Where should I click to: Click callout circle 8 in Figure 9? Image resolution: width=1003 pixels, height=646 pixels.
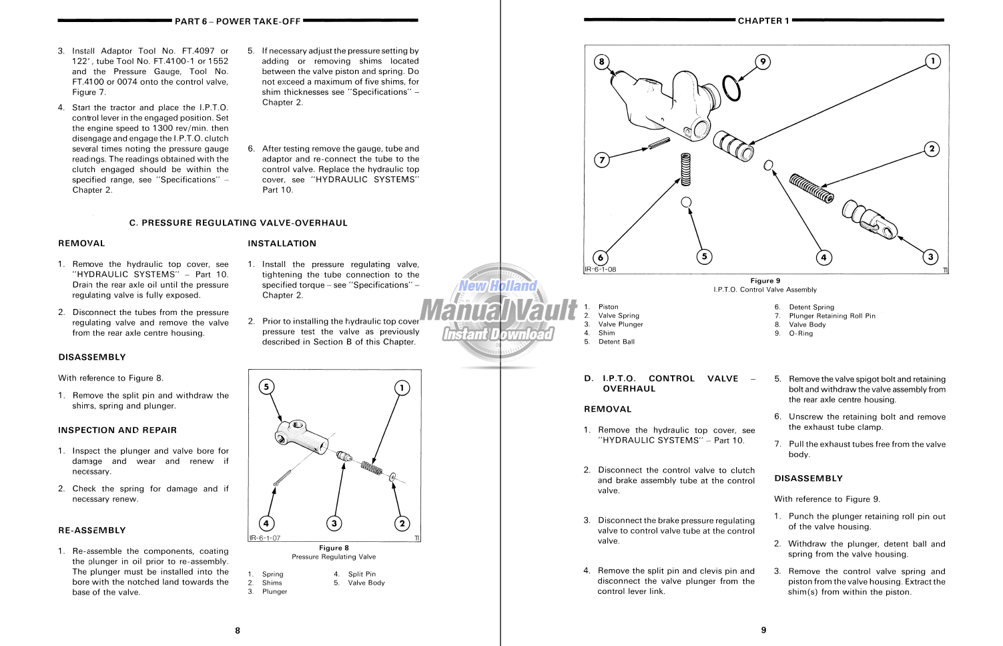pyautogui.click(x=602, y=62)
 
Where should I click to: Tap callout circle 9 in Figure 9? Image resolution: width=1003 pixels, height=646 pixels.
pyautogui.click(x=763, y=62)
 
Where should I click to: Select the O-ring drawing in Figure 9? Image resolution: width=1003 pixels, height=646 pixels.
pyautogui.click(x=732, y=88)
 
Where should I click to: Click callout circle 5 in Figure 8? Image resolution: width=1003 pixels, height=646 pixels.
pyautogui.click(x=266, y=387)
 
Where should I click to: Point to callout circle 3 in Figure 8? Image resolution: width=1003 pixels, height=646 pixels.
pyautogui.click(x=334, y=523)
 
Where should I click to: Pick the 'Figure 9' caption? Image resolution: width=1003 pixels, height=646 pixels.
pyautogui.click(x=765, y=281)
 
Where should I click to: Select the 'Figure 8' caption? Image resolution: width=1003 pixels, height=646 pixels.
pyautogui.click(x=334, y=548)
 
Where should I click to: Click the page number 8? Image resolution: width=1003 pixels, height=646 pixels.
pyautogui.click(x=238, y=630)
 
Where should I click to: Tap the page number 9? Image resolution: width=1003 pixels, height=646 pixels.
pyautogui.click(x=764, y=630)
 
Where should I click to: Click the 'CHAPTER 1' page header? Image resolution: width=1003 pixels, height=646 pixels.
pyautogui.click(x=763, y=21)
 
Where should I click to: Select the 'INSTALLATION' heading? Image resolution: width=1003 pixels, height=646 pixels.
pyautogui.click(x=282, y=244)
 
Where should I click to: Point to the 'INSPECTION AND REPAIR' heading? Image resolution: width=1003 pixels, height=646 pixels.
pyautogui.click(x=117, y=430)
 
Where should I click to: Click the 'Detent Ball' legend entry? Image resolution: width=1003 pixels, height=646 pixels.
pyautogui.click(x=616, y=342)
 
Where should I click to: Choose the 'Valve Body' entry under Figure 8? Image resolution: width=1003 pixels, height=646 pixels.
pyautogui.click(x=366, y=583)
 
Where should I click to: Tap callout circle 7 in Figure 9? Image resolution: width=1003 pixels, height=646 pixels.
pyautogui.click(x=602, y=160)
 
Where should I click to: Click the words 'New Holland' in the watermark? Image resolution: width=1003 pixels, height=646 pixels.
pyautogui.click(x=497, y=286)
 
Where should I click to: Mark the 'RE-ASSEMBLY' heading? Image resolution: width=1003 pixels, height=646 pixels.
pyautogui.click(x=91, y=531)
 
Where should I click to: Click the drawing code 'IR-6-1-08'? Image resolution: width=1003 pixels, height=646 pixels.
pyautogui.click(x=601, y=270)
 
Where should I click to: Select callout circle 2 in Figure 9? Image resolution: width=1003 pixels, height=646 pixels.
pyautogui.click(x=932, y=149)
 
